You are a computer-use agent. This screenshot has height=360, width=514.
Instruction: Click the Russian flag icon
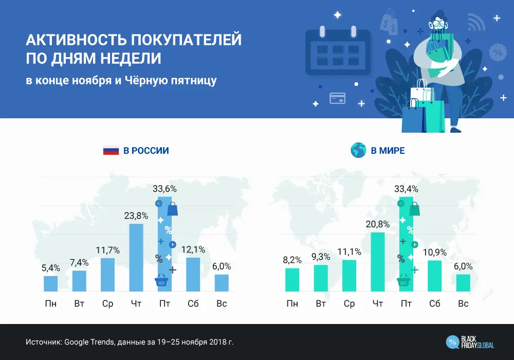click(x=111, y=151)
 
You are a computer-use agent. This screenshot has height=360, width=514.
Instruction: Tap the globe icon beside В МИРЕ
click(x=357, y=151)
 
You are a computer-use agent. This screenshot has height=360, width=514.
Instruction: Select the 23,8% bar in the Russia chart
click(x=136, y=258)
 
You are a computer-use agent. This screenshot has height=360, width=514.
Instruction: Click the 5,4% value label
click(x=51, y=268)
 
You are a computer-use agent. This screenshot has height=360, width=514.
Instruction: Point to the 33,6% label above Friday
click(x=164, y=189)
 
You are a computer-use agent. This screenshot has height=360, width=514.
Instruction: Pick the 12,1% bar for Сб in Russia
click(x=193, y=275)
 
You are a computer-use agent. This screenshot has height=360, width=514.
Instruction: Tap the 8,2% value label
click(x=292, y=260)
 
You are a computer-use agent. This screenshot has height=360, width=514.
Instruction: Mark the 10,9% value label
click(x=435, y=252)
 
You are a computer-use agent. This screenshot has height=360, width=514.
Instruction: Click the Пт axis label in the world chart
click(x=406, y=303)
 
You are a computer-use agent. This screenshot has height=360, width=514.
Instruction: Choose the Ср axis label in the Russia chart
click(x=107, y=303)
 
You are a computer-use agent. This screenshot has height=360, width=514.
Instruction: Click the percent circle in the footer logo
click(x=453, y=342)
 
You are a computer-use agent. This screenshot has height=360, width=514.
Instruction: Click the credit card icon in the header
click(x=337, y=97)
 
